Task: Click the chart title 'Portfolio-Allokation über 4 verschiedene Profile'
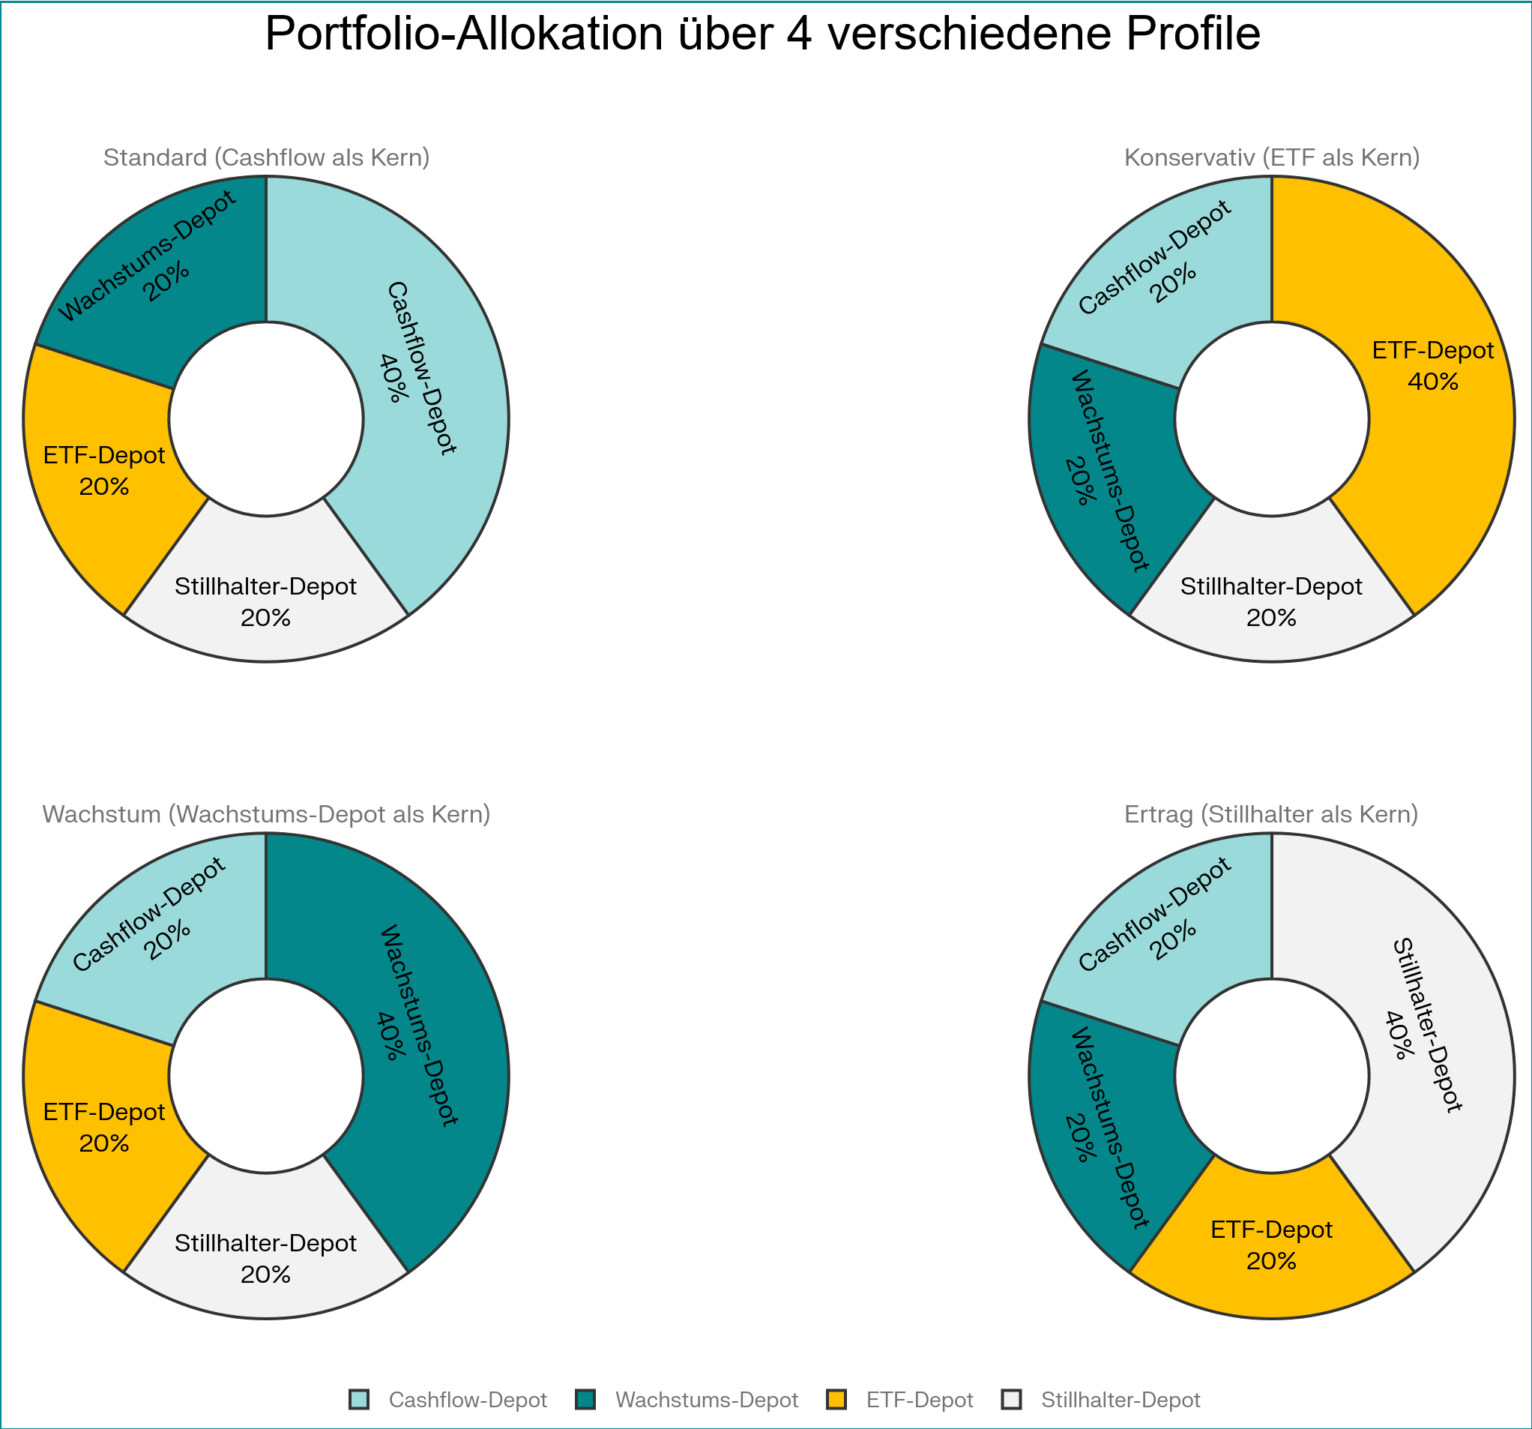click(762, 34)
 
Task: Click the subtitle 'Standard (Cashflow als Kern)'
click(266, 158)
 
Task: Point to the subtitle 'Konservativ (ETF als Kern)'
click(1271, 158)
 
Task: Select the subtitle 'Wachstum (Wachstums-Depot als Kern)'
click(266, 815)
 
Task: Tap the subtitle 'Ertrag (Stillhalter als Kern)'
click(1271, 815)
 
